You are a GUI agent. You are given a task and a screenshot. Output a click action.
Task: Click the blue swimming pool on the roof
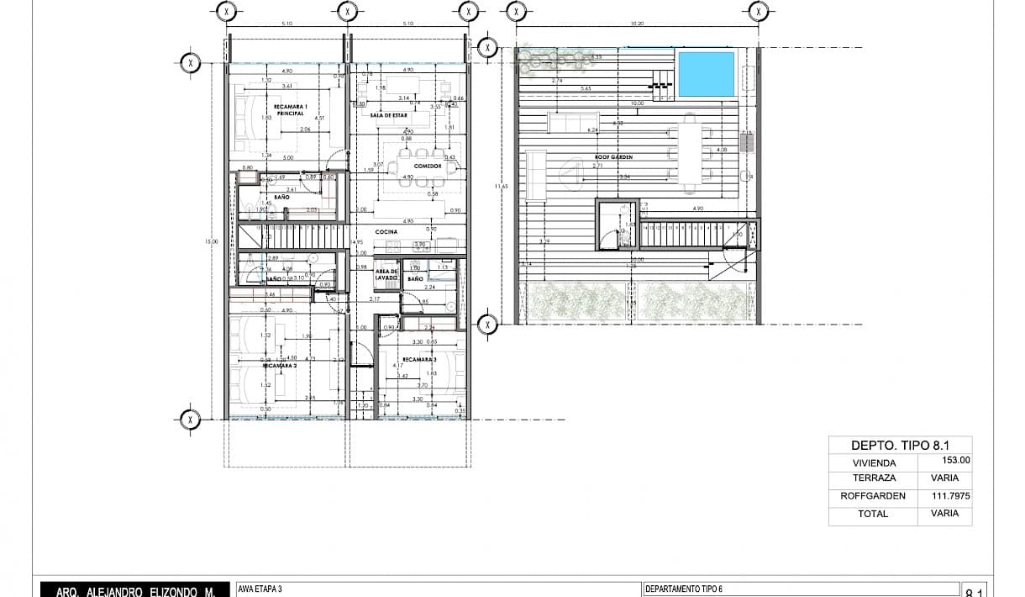[x=706, y=74]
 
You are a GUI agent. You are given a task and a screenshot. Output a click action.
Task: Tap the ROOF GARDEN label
[x=613, y=157]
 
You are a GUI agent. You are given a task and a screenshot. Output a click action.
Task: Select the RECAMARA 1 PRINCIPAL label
[x=290, y=109]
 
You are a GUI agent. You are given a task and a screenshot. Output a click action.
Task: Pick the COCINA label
[x=386, y=231]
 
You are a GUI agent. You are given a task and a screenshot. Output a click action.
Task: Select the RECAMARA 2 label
[x=280, y=366]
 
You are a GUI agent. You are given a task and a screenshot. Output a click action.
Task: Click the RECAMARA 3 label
[x=418, y=360]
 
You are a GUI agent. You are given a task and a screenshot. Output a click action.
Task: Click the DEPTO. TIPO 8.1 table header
[x=898, y=446]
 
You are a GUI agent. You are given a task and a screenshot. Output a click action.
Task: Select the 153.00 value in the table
[x=956, y=460]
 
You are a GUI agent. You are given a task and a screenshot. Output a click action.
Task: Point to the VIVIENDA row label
[x=873, y=462]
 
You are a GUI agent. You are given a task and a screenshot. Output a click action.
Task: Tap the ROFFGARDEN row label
[x=873, y=496]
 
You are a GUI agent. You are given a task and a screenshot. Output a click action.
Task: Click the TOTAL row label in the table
[x=873, y=514]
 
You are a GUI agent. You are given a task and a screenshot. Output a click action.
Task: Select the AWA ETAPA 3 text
[x=260, y=589]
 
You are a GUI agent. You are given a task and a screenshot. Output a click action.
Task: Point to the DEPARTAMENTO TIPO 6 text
[x=684, y=589]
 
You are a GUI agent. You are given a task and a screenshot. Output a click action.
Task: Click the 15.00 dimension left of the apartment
[x=210, y=241]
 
